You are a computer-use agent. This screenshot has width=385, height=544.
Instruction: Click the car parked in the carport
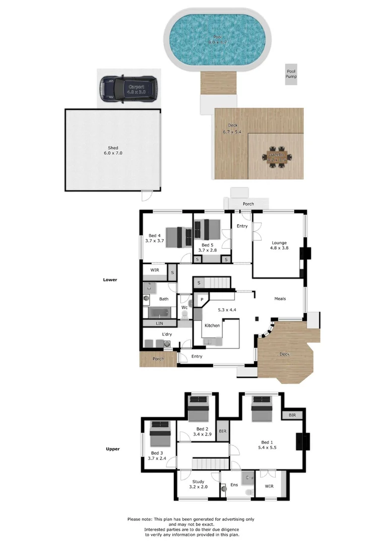pos(128,89)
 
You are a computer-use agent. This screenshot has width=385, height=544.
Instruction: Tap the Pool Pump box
pos(291,74)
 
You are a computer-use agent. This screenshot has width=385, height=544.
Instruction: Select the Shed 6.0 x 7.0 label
pos(113,150)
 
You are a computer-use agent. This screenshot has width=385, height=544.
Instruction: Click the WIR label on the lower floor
pos(154,270)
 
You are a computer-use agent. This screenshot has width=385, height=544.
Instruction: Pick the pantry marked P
pos(202,300)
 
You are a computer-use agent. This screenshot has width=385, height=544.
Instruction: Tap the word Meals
pos(280,299)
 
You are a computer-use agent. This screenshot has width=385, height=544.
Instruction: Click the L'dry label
pos(167,334)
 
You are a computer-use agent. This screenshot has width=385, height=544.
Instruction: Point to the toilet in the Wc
pos(184,315)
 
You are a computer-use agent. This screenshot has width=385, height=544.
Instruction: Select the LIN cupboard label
pos(159,322)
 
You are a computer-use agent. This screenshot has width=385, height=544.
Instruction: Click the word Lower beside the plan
pos(110,280)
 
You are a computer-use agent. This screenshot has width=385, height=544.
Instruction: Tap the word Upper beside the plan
pos(112,449)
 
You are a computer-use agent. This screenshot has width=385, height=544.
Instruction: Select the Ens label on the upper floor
pos(234,485)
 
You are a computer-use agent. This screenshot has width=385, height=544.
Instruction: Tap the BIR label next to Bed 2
pos(223,432)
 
